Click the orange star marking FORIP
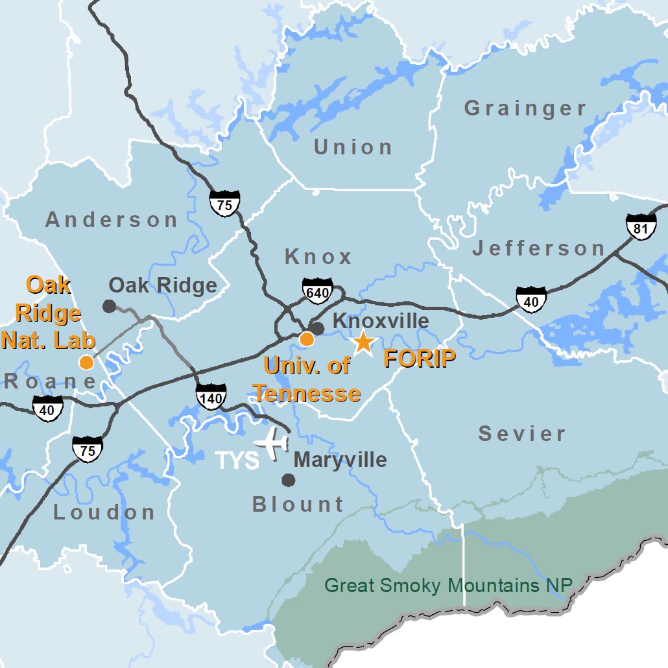(x=363, y=342)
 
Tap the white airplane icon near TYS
(x=272, y=444)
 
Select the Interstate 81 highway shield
(x=641, y=227)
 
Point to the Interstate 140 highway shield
(x=211, y=398)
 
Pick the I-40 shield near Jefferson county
(x=531, y=299)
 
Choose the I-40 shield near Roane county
(x=48, y=409)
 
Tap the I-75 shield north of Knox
(x=224, y=204)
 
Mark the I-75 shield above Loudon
(x=87, y=449)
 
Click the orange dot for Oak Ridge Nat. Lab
(x=86, y=362)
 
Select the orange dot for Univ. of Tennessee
(x=307, y=339)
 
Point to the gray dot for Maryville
(x=288, y=480)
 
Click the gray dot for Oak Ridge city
(x=109, y=305)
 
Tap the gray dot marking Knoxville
(x=318, y=328)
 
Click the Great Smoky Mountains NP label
(x=448, y=586)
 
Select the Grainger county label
(x=525, y=108)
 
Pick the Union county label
(x=353, y=147)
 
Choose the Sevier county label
(x=522, y=434)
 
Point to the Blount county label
(x=298, y=504)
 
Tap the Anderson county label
(x=112, y=220)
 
